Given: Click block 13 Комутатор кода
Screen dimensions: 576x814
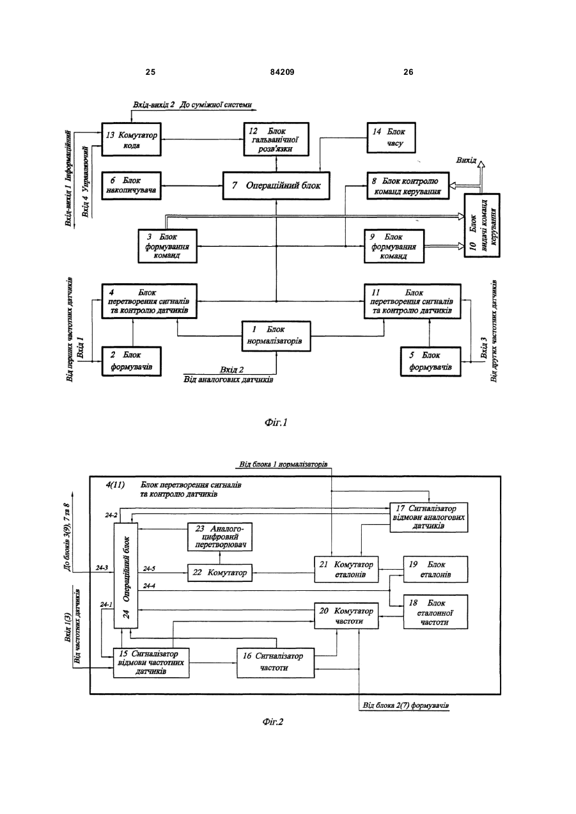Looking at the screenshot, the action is (x=131, y=139).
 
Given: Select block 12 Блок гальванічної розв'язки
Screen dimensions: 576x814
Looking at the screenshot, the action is (x=276, y=139).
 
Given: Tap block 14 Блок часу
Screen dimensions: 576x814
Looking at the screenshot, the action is (x=391, y=137).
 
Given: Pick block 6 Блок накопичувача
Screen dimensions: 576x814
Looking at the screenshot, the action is (x=131, y=185).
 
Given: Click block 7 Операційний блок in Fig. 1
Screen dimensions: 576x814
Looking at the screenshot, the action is (x=276, y=185).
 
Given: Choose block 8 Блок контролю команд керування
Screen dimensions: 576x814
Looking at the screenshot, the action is (x=408, y=185).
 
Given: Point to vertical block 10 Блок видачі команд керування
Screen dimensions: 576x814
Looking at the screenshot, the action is (x=482, y=225).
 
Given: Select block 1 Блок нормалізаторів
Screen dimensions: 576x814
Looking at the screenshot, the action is (x=276, y=336).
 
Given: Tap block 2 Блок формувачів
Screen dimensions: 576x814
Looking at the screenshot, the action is (x=131, y=361).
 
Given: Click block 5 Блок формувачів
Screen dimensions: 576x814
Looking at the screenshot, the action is (x=431, y=361).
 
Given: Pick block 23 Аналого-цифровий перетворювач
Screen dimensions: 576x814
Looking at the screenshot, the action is (x=220, y=537).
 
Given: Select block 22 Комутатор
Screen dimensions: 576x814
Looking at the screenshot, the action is (x=220, y=573).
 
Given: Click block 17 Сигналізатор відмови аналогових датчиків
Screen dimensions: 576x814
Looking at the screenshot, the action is (x=429, y=517).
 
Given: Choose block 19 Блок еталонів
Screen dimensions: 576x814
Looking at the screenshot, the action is (x=436, y=570).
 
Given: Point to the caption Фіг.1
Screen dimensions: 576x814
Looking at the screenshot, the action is (x=276, y=422).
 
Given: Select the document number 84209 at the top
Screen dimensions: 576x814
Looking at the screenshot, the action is (x=283, y=72).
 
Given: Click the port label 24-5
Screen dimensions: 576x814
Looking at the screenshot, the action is (x=149, y=568).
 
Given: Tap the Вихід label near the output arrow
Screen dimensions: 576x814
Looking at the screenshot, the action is (x=466, y=160).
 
